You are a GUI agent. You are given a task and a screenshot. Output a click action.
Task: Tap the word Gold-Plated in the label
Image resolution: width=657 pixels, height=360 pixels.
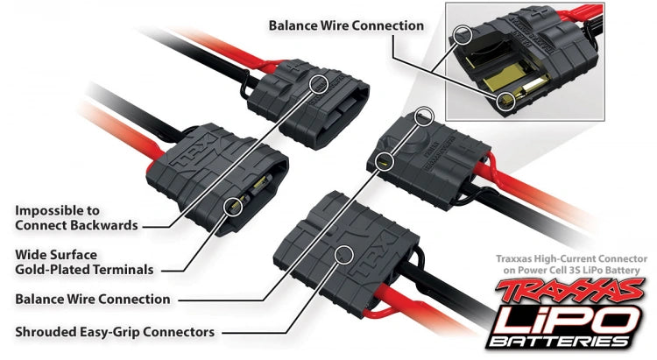click(x=54, y=269)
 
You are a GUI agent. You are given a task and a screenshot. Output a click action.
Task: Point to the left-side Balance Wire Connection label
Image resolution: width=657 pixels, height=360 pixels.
click(x=93, y=299)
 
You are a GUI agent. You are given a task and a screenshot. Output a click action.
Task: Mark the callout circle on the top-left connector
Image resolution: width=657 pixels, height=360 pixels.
click(x=319, y=81)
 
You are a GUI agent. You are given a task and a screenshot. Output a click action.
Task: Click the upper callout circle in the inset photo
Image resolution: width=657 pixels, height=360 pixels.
click(x=463, y=36)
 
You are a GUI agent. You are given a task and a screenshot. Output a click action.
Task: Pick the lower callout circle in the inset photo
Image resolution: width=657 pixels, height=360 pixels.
click(x=504, y=103)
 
